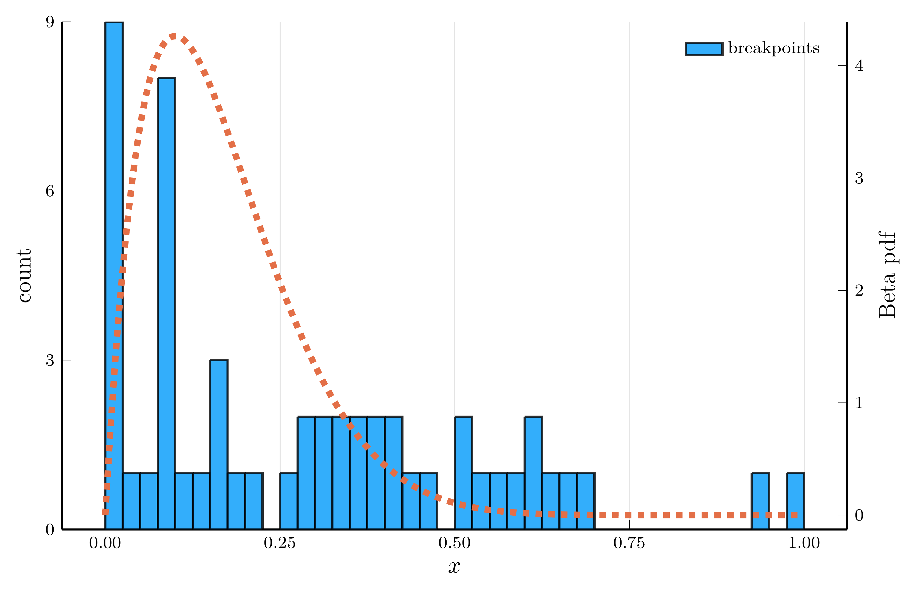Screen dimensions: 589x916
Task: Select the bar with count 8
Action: pyautogui.click(x=166, y=302)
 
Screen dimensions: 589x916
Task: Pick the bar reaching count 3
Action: pyautogui.click(x=219, y=444)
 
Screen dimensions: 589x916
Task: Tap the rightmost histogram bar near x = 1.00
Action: pyautogui.click(x=795, y=501)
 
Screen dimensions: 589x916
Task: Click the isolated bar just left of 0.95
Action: pyautogui.click(x=760, y=501)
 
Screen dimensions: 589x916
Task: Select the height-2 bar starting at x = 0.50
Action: pyautogui.click(x=463, y=472)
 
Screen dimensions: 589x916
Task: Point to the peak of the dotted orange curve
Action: pyautogui.click(x=174, y=37)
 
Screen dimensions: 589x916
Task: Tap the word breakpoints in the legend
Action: pyautogui.click(x=774, y=48)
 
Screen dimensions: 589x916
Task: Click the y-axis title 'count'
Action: pyautogui.click(x=24, y=275)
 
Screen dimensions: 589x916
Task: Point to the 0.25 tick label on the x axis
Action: pyautogui.click(x=280, y=543)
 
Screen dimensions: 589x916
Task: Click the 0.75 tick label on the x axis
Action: pyautogui.click(x=629, y=543)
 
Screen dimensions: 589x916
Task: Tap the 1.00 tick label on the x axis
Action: pyautogui.click(x=804, y=543)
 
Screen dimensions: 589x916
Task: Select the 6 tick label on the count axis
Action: pyautogui.click(x=50, y=191)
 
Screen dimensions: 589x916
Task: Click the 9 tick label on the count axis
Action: pyautogui.click(x=50, y=22)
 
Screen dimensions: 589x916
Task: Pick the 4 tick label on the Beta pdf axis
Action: pyautogui.click(x=859, y=66)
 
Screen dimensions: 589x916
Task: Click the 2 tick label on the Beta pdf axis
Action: pyautogui.click(x=859, y=291)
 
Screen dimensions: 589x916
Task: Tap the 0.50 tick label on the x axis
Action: pyautogui.click(x=454, y=543)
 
